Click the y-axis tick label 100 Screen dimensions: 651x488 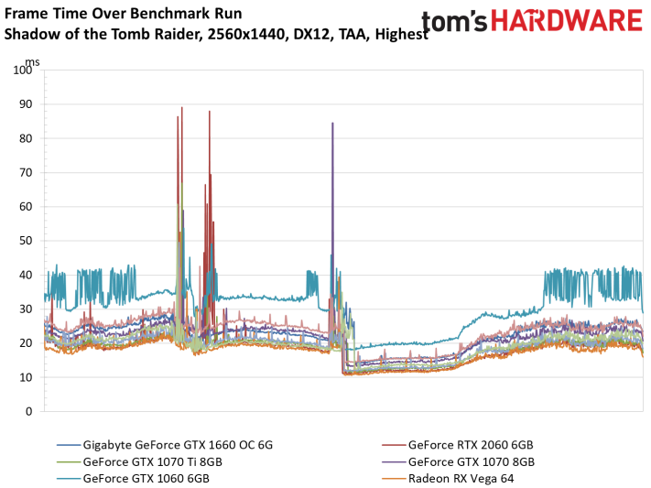click(22, 70)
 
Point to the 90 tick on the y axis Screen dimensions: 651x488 click(26, 104)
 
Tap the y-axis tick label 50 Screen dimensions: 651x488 click(26, 241)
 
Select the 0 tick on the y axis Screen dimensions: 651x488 click(28, 412)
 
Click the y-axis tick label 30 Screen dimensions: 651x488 click(26, 309)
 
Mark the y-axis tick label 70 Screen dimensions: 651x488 click(26, 172)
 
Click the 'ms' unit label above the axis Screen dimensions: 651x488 click(32, 62)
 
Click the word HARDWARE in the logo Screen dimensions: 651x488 click(567, 21)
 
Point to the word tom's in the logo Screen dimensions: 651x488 click(455, 21)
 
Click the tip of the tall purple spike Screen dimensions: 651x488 click(332, 123)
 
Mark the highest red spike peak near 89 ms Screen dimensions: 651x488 click(182, 107)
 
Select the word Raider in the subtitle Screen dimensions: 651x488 click(179, 34)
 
